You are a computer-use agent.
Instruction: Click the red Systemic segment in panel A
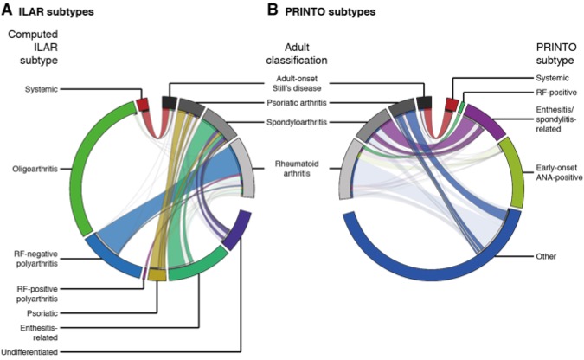pos(143,106)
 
